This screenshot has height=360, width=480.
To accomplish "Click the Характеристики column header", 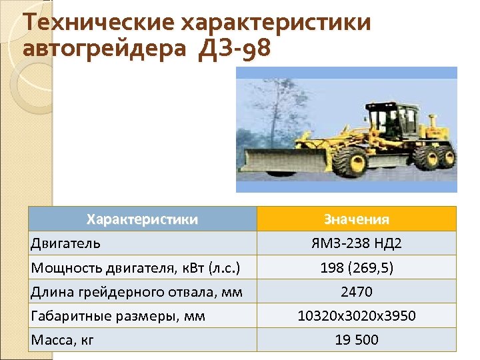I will point(143,219).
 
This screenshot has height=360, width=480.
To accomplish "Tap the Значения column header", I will point(356,219).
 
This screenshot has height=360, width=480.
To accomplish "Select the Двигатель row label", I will point(65,243).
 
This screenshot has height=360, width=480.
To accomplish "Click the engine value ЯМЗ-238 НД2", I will point(356,243).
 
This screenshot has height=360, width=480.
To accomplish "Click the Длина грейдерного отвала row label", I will point(136,291).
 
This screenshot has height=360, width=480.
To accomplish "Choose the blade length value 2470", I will point(356,291).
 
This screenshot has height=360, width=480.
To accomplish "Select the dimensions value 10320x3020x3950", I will point(356,315).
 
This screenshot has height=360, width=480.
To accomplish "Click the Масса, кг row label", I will point(63,339).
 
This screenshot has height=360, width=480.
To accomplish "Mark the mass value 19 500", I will point(356,339).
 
